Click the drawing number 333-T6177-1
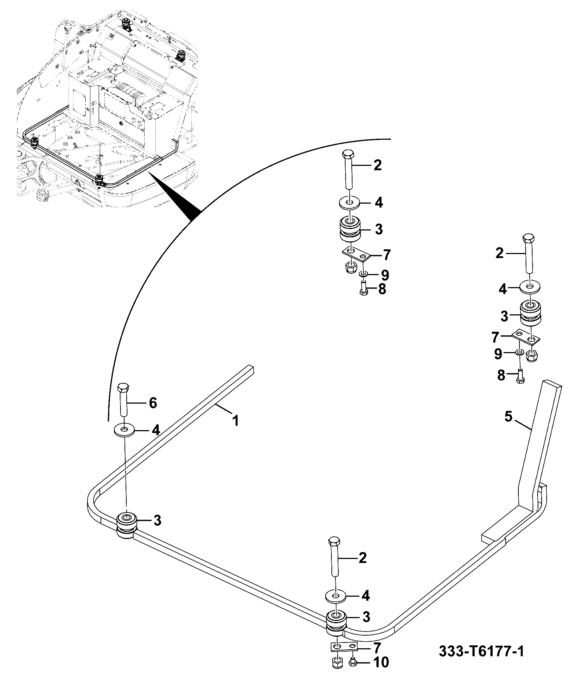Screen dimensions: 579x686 click(x=481, y=651)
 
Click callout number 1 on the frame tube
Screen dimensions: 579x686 click(x=236, y=421)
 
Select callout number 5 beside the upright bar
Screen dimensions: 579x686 click(x=508, y=417)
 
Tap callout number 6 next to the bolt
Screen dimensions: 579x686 click(x=153, y=403)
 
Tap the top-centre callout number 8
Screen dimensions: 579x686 click(x=382, y=290)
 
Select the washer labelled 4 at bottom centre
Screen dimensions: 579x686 click(x=335, y=596)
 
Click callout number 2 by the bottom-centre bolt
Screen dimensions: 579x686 click(x=362, y=558)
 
